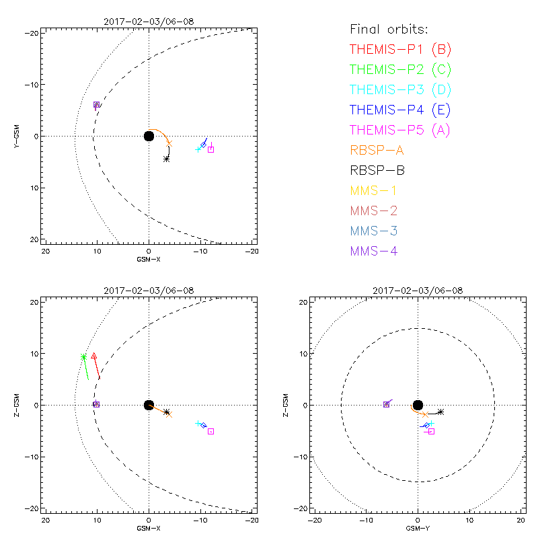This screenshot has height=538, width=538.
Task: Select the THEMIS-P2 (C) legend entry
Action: tap(401, 69)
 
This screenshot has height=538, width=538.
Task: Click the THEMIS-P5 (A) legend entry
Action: tap(401, 130)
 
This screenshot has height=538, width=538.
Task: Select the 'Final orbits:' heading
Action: tap(389, 29)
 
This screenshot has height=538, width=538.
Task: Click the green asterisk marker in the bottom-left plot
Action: tap(83, 356)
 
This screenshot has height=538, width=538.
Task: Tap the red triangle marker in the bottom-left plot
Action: tap(94, 356)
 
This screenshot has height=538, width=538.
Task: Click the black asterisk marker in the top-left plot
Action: tap(167, 159)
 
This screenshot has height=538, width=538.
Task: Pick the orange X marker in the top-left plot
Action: tap(169, 143)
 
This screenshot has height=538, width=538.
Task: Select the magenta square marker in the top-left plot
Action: tap(210, 149)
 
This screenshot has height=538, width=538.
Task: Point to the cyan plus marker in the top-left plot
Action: tap(198, 149)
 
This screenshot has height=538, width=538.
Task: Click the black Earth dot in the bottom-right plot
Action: tap(418, 405)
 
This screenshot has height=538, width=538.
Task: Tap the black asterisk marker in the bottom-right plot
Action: tap(441, 412)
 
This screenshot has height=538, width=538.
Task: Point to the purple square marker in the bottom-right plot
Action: tap(386, 404)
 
